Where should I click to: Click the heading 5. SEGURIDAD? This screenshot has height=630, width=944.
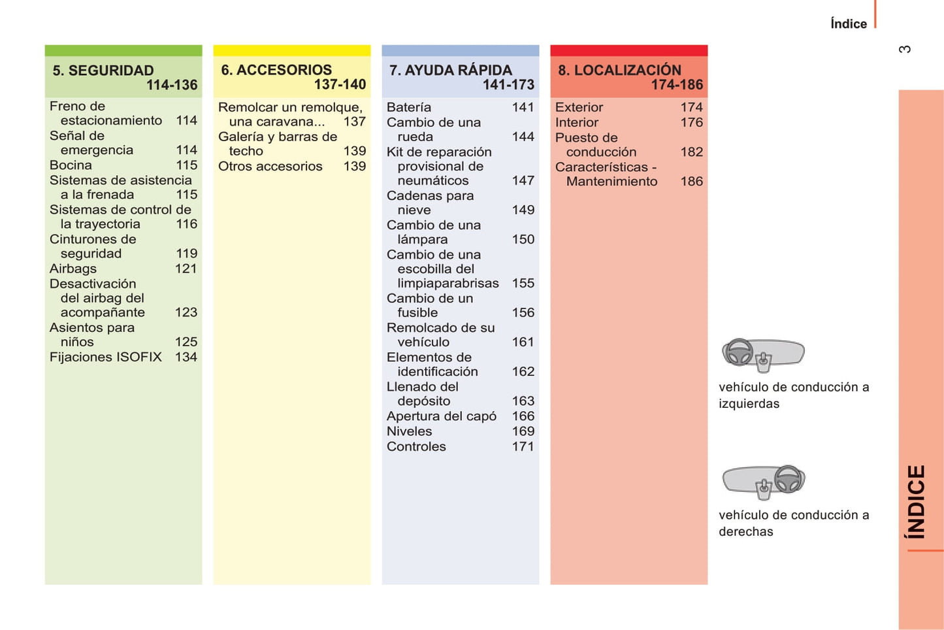(x=103, y=71)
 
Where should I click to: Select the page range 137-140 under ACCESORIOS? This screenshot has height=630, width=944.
(x=340, y=84)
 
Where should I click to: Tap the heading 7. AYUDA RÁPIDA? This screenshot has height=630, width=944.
(x=451, y=70)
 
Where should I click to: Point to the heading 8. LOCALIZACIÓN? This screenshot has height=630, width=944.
(x=619, y=70)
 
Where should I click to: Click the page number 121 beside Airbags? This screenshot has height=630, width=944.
(x=186, y=269)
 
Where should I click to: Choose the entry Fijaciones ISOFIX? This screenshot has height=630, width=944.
(x=106, y=357)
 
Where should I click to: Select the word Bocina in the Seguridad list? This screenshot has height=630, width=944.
(x=71, y=165)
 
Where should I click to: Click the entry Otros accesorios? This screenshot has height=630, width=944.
(x=270, y=166)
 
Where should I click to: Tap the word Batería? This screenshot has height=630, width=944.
(x=409, y=107)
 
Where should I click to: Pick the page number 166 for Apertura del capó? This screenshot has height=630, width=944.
(x=523, y=416)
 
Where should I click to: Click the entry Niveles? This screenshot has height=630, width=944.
(x=410, y=431)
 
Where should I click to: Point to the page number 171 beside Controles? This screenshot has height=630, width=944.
(x=523, y=446)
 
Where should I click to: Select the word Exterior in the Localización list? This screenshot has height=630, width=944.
(x=579, y=107)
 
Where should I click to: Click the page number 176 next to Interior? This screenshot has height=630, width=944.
(x=692, y=122)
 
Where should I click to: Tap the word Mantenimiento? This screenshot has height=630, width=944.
(x=612, y=182)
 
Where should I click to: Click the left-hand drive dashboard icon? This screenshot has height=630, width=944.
(x=762, y=355)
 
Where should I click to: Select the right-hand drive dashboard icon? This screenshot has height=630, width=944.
(x=763, y=482)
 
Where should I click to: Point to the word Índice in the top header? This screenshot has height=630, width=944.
(x=849, y=24)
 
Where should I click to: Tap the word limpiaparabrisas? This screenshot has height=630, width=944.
(x=448, y=283)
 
